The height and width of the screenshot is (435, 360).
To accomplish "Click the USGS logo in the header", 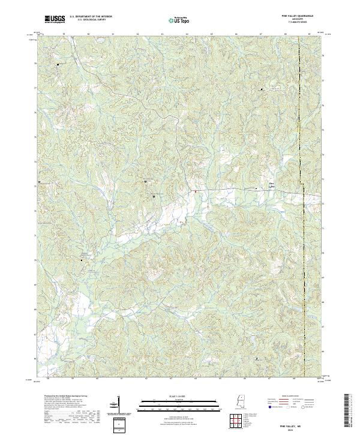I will pos(55,19).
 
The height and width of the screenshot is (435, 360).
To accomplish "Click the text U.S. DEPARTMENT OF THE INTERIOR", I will pos(91,17).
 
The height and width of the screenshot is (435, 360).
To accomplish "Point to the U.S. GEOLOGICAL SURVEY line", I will pos(91,20).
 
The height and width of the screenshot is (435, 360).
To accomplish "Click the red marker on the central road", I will pos(195,192).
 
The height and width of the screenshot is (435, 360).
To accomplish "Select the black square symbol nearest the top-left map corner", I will pos(58,64).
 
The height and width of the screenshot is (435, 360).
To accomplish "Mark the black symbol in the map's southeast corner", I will pos(257,359).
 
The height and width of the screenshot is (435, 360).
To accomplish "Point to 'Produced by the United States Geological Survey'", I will pos(57,397).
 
